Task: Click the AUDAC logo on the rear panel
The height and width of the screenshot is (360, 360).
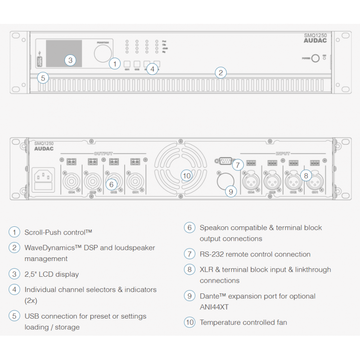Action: tap(44, 148)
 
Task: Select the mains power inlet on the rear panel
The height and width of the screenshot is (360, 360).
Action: tap(45, 178)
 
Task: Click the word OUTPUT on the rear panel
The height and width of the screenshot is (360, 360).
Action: tap(103, 153)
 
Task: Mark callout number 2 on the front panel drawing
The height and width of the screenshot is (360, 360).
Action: tap(220, 72)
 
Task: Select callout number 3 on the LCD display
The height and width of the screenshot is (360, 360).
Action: tap(70, 60)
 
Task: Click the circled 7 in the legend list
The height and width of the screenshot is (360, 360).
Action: tap(189, 254)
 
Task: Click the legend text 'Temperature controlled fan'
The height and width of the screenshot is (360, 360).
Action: tap(243, 322)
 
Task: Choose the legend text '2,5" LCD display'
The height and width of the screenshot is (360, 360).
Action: tap(51, 274)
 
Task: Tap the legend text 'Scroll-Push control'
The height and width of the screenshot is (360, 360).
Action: tap(58, 232)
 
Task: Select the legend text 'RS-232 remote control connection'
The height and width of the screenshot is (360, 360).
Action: tap(255, 254)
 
